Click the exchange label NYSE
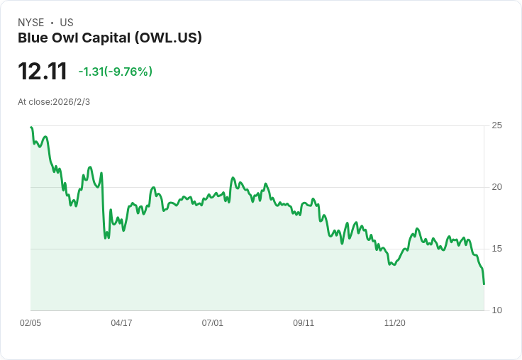coord(31,23)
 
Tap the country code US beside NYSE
coord(67,23)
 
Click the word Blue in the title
coord(33,38)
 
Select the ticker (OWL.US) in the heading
coord(168,38)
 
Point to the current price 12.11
coord(43,72)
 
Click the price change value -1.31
coord(91,72)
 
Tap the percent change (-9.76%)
coord(128,72)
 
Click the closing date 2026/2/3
coord(71,102)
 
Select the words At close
coord(34,102)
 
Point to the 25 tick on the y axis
coord(496,125)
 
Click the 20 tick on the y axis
coord(496,187)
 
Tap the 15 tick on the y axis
coord(496,249)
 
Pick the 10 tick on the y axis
coord(496,310)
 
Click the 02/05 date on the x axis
coord(30,323)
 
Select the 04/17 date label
coord(121,323)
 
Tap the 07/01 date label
coord(212,323)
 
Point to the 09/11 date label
coord(304,323)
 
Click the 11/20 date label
coord(395,323)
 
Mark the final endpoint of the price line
coord(484,284)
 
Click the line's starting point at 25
coord(30,127)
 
